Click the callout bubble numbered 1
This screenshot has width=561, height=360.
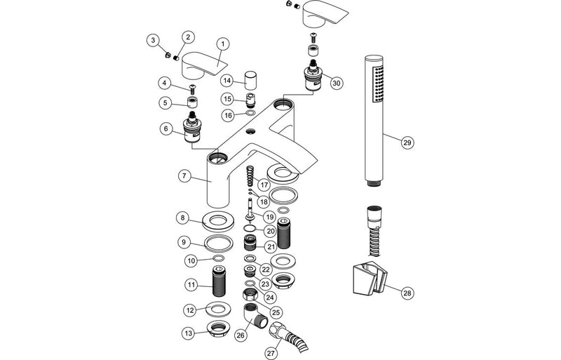[x=222, y=44]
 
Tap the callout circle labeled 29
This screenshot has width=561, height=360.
[x=407, y=142]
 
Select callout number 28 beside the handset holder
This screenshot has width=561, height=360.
[x=407, y=293]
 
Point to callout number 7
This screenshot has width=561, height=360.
[x=183, y=175]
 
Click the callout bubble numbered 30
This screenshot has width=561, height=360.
[x=337, y=83]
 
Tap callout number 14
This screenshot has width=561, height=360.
[x=227, y=81]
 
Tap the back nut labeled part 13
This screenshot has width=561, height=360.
[x=219, y=331]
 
